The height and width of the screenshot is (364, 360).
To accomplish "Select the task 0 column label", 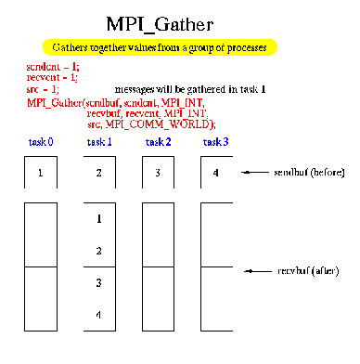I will [41, 142].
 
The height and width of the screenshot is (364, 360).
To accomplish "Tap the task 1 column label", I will [99, 142].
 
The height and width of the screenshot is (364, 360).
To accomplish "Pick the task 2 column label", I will [158, 142].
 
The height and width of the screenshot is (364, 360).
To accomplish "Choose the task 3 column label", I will [216, 142].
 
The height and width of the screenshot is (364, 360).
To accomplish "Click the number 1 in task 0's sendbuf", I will [41, 174].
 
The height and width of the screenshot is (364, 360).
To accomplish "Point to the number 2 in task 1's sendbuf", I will [99, 174].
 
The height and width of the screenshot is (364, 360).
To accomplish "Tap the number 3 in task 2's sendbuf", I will [158, 174].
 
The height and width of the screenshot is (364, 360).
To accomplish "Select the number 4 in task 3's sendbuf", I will [216, 174].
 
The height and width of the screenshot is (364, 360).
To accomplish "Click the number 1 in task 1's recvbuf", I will [99, 219].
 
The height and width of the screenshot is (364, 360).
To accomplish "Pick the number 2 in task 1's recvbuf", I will [99, 251].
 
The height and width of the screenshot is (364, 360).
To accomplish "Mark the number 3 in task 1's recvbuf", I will [99, 282].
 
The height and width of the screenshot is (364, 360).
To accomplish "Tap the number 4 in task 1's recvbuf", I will [99, 315].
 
